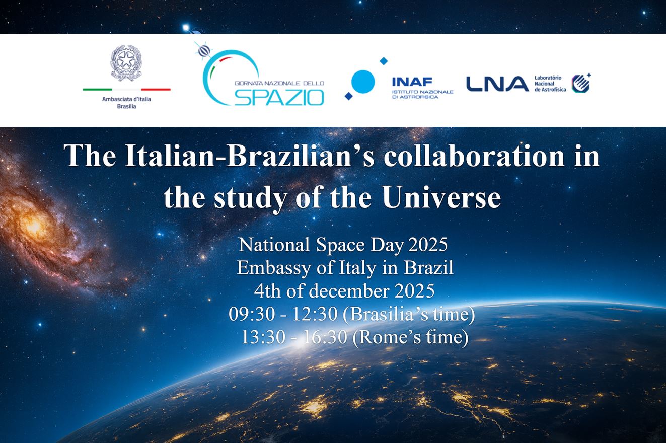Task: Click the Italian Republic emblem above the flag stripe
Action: pyautogui.click(x=126, y=63)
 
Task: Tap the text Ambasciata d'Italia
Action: pyautogui.click(x=126, y=99)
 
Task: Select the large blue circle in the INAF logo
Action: pyautogui.click(x=362, y=81)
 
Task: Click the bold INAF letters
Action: pyautogui.click(x=412, y=82)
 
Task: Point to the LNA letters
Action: pyautogui.click(x=497, y=84)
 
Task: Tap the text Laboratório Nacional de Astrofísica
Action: pyautogui.click(x=550, y=84)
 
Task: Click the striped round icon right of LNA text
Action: pyautogui.click(x=580, y=84)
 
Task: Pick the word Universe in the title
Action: pyautogui.click(x=441, y=197)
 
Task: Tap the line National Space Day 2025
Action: pyautogui.click(x=343, y=245)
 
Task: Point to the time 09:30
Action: pyautogui.click(x=251, y=314)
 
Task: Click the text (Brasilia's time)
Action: pyautogui.click(x=408, y=314)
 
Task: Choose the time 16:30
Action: pyautogui.click(x=325, y=337)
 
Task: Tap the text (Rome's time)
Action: pyautogui.click(x=410, y=337)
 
